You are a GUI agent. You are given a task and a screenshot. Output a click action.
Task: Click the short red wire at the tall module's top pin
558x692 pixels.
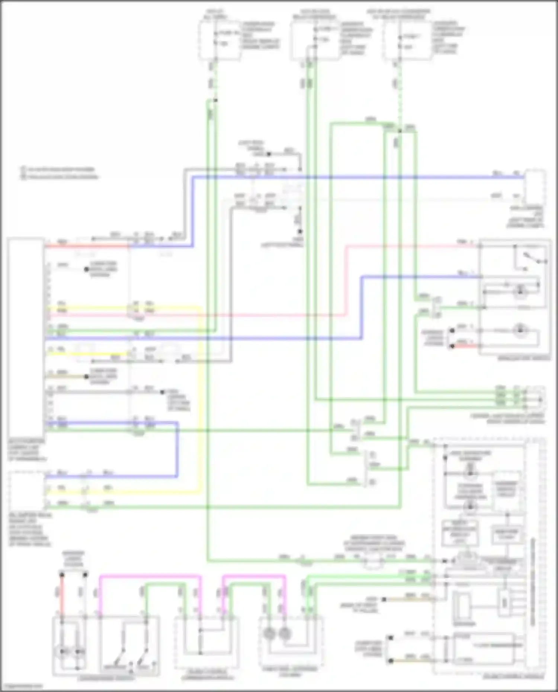[87, 246]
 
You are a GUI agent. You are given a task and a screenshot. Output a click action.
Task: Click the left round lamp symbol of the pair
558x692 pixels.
[269, 633]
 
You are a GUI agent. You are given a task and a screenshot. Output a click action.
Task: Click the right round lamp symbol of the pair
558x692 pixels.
[285, 633]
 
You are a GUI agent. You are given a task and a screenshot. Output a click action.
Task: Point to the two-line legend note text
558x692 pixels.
[60, 173]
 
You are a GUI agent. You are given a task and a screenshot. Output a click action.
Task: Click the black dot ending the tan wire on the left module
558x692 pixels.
[86, 377]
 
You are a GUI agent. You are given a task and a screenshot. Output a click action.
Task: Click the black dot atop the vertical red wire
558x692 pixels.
[62, 575]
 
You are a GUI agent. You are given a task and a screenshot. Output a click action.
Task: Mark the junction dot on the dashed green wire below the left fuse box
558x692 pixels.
[215, 100]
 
